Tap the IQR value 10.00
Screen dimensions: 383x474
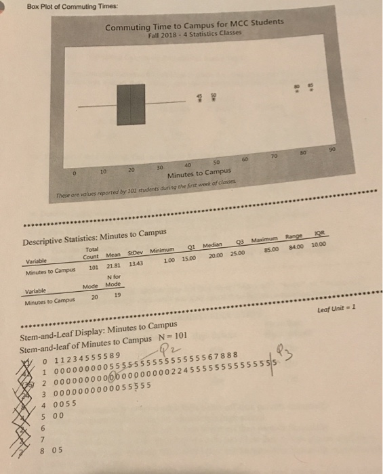point(318,246)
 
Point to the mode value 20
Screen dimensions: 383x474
point(95,295)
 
